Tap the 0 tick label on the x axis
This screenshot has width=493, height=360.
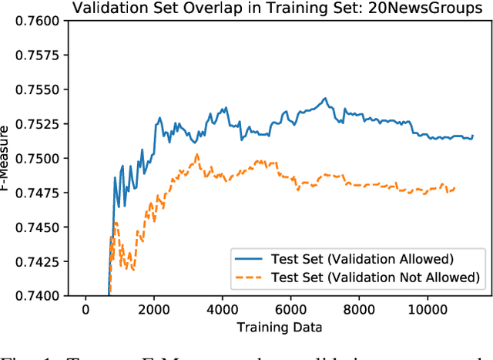(x=86, y=310)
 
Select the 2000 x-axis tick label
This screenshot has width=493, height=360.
(x=154, y=310)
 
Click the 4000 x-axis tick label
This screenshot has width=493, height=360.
(x=223, y=310)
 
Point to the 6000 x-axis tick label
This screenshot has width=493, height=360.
(x=291, y=310)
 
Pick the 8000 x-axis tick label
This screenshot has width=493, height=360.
(x=360, y=310)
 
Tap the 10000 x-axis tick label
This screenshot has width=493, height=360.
(x=428, y=310)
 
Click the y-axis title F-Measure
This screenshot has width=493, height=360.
(x=7, y=158)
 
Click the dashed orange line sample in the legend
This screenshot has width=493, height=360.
(x=251, y=277)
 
